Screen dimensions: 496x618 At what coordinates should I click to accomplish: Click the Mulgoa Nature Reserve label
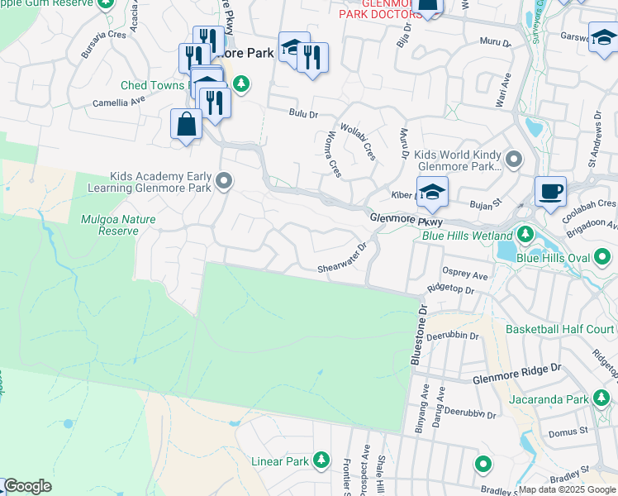click(109, 225)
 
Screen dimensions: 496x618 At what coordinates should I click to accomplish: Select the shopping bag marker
click(187, 125)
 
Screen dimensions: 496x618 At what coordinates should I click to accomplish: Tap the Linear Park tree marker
click(323, 461)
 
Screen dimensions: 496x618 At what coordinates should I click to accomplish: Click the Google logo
click(27, 486)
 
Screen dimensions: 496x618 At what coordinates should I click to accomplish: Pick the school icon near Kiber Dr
click(432, 192)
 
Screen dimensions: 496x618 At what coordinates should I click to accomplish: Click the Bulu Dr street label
click(303, 113)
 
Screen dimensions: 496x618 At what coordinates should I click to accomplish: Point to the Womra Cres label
click(334, 154)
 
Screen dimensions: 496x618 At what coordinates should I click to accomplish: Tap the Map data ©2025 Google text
click(565, 489)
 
